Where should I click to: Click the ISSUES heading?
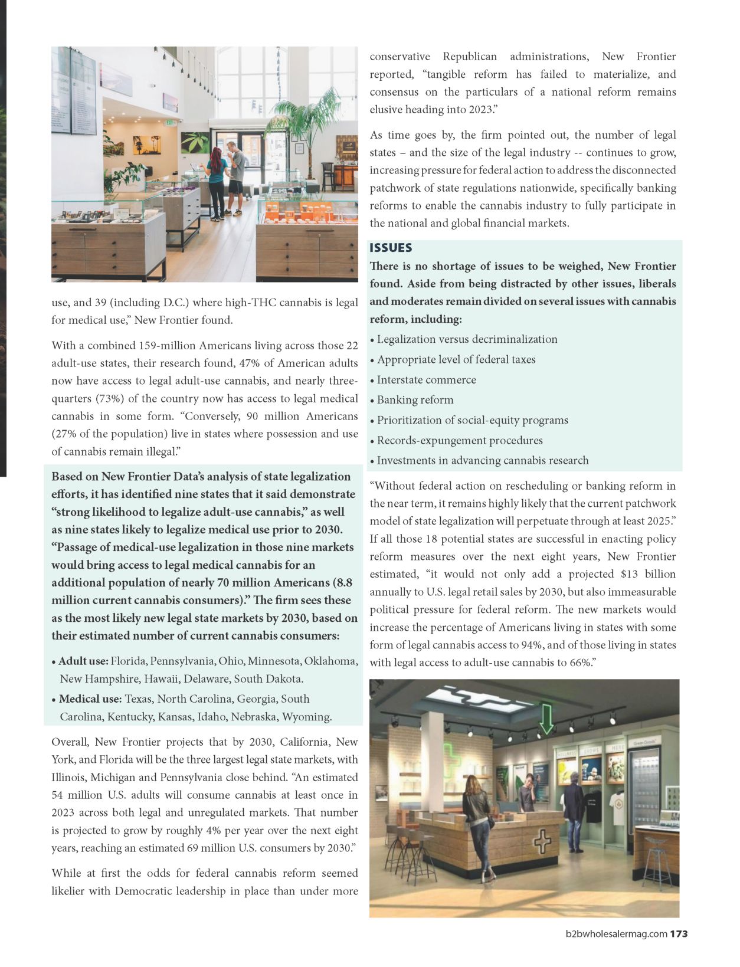[391, 248]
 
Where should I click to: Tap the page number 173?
[679, 934]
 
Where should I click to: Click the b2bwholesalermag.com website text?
[616, 934]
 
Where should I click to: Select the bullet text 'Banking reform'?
[415, 400]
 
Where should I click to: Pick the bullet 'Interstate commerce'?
[426, 380]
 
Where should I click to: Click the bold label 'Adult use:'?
[83, 661]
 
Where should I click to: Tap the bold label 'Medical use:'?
[90, 699]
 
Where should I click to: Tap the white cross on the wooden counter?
[542, 841]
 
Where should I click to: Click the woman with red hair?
[215, 180]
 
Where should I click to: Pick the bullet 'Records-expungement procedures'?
[451, 441]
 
